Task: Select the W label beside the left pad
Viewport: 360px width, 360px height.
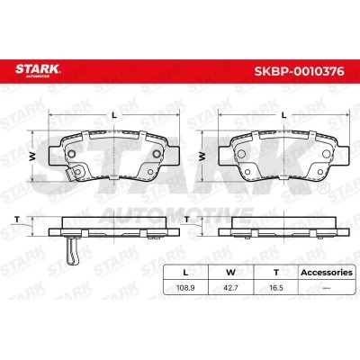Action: point(34,155)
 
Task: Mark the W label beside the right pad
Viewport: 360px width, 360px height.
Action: point(203,155)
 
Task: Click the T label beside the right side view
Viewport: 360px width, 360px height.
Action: point(185,219)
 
